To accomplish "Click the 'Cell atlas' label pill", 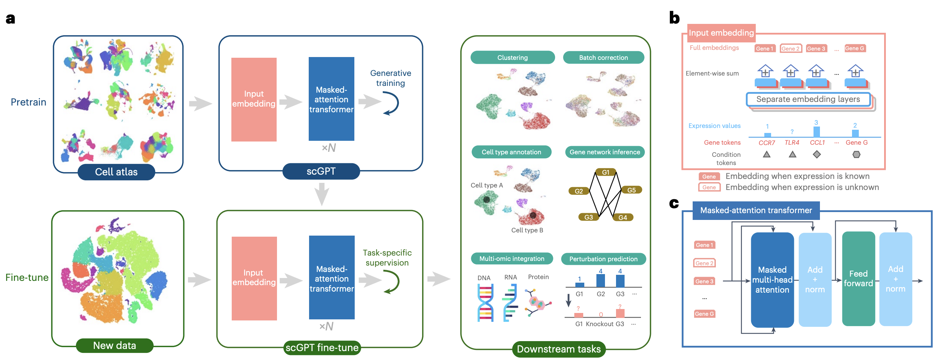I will (x=116, y=171).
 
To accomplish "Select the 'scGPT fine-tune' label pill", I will (x=322, y=348).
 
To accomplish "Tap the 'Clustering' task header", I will (x=512, y=58).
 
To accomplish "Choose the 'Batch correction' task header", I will (x=603, y=58).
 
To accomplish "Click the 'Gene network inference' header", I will (x=604, y=152).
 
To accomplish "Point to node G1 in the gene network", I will (x=605, y=172).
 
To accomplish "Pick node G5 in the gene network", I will (x=631, y=190).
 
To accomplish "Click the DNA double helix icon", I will (x=485, y=302).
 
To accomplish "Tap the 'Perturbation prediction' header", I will (x=603, y=259).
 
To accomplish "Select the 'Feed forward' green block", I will (x=858, y=279).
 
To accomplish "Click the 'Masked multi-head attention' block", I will (x=772, y=279).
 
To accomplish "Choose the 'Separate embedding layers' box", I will (x=808, y=99).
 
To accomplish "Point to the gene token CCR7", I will (x=766, y=143).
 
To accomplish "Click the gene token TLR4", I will (x=792, y=143).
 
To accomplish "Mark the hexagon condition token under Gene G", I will (x=856, y=154).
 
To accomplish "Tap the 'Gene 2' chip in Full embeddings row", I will (x=790, y=48).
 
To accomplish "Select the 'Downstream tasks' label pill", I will (x=558, y=349).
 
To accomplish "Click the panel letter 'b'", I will (x=674, y=18).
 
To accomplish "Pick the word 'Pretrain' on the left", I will (x=29, y=102).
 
